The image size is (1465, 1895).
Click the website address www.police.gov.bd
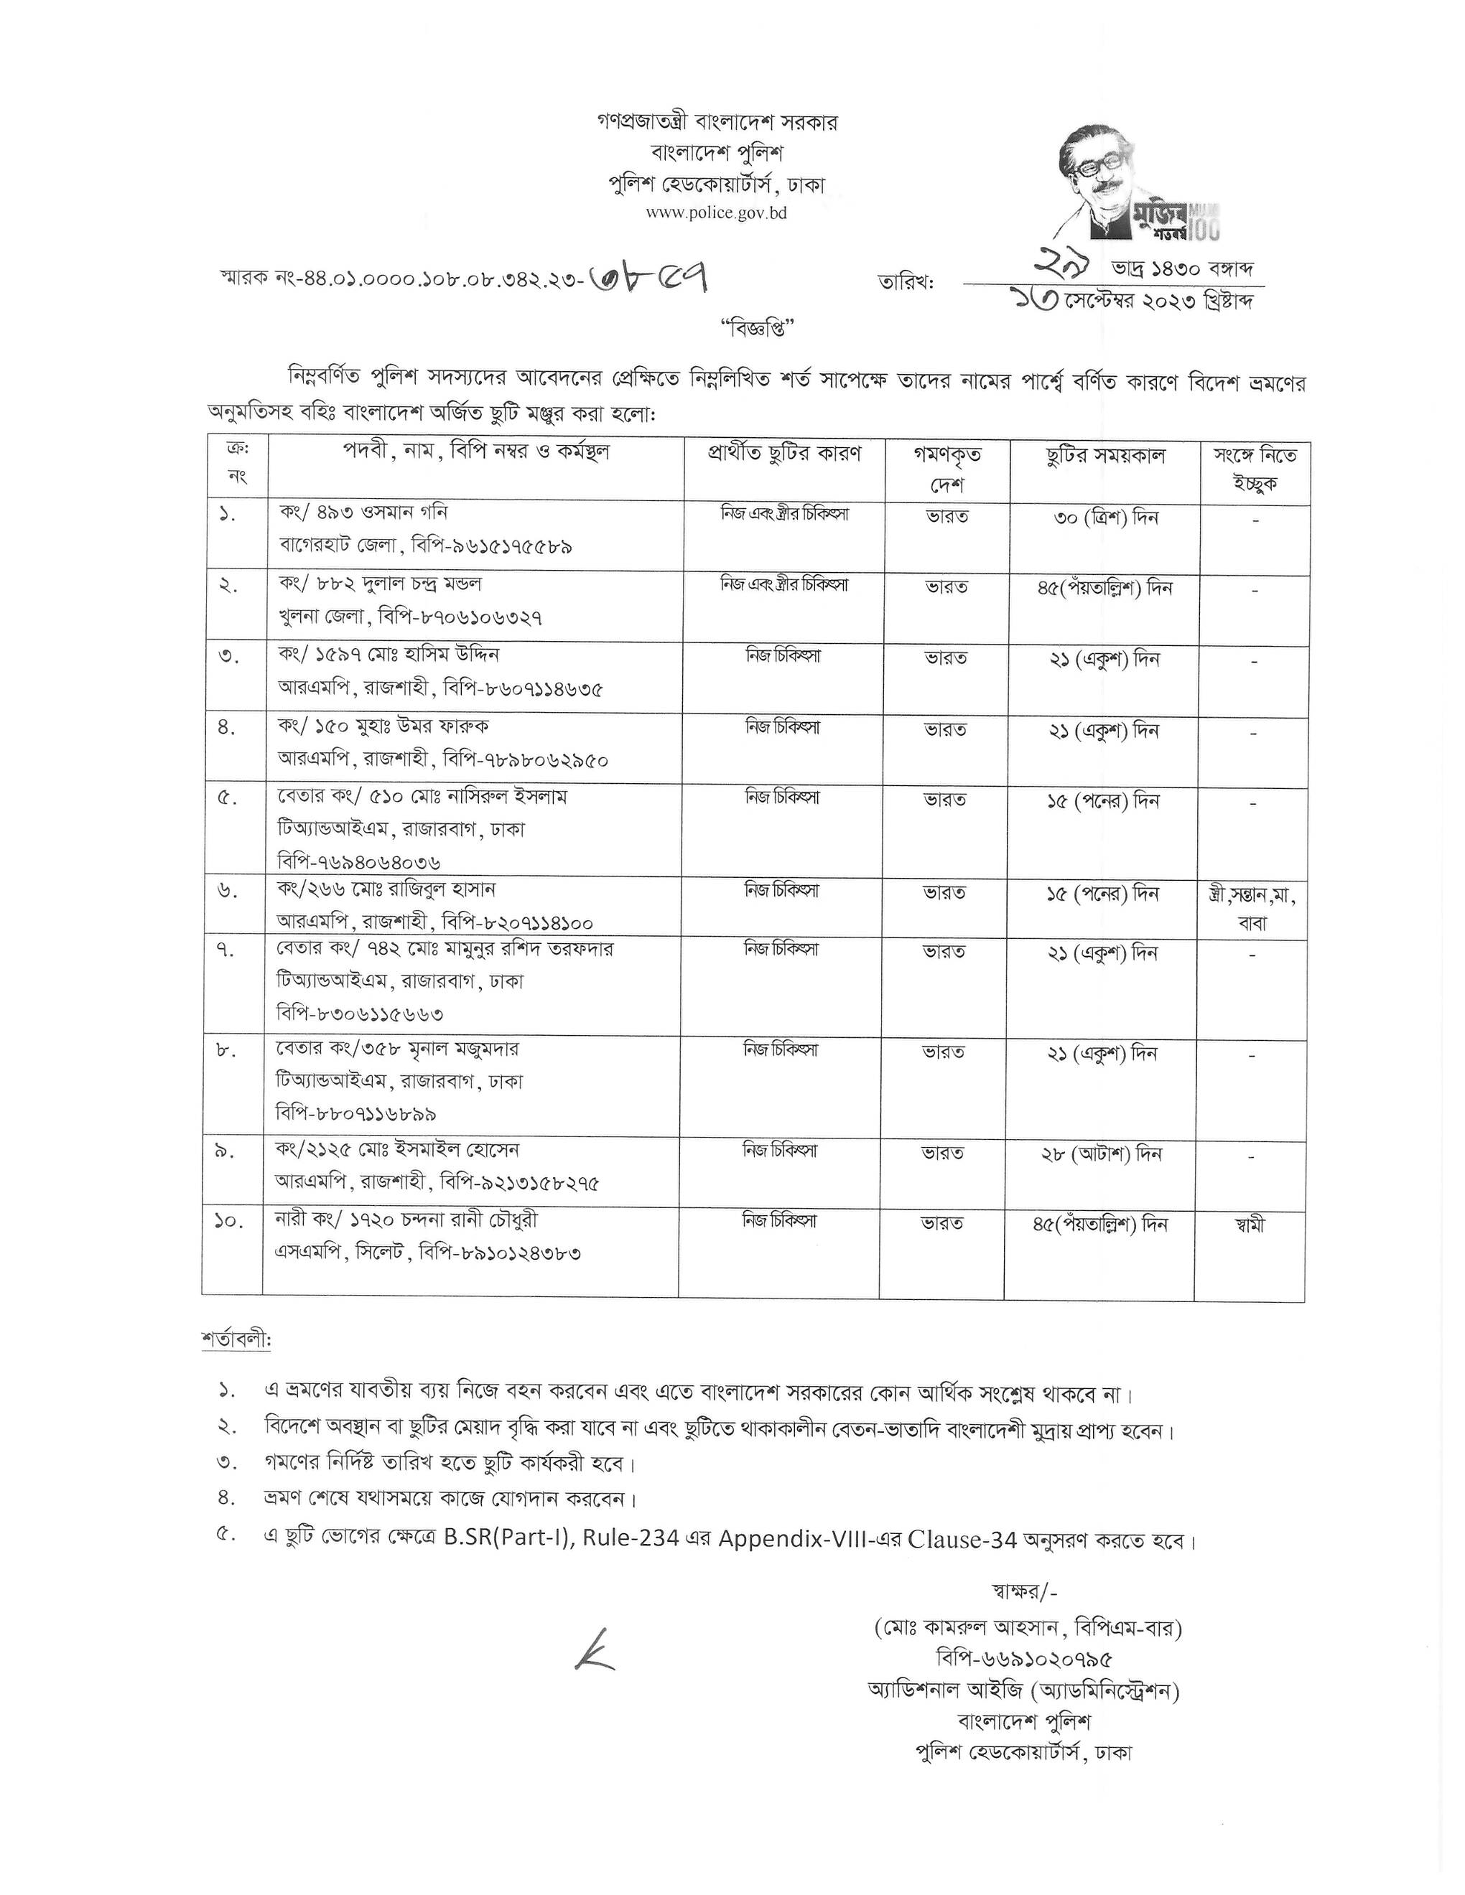click(x=716, y=212)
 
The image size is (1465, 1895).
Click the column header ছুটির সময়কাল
click(x=1104, y=456)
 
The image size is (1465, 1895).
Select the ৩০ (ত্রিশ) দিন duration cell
click(x=1104, y=519)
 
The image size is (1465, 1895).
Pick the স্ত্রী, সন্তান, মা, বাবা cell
click(x=1252, y=907)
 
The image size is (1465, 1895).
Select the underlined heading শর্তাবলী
click(x=236, y=1341)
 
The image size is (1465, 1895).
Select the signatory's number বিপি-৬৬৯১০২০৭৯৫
click(x=1024, y=1658)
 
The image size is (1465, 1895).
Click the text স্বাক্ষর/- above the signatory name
click(x=1023, y=1591)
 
